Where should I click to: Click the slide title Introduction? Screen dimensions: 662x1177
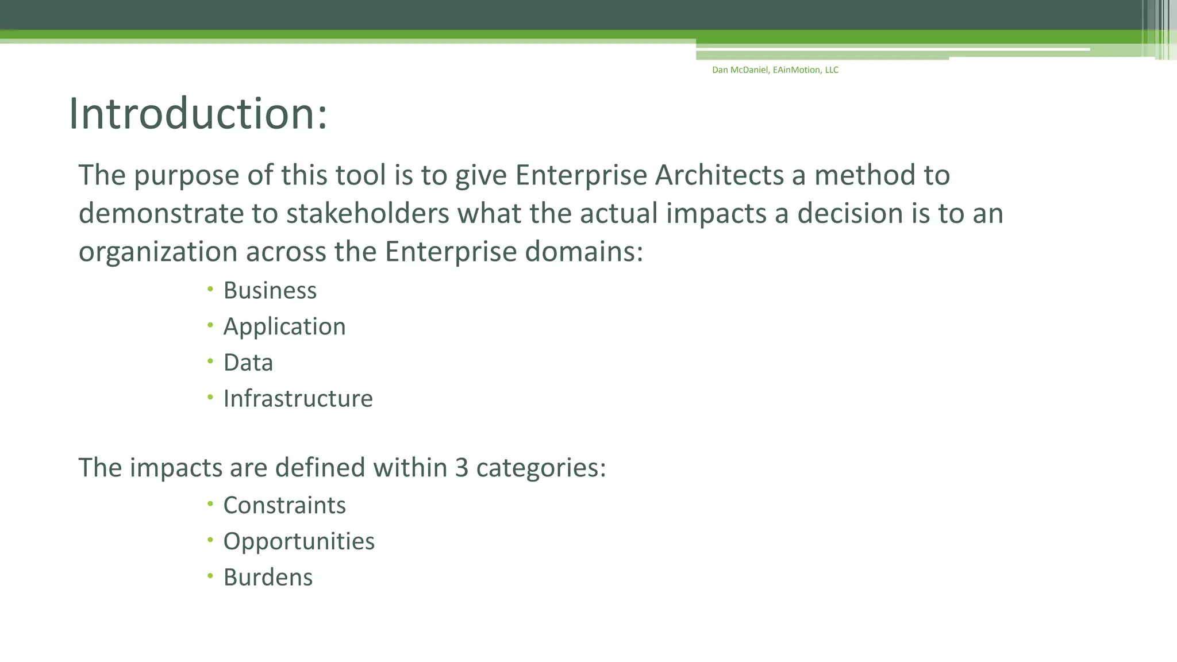click(x=198, y=114)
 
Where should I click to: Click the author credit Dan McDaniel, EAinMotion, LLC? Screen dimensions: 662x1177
click(x=775, y=70)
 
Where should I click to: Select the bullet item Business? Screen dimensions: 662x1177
click(x=270, y=291)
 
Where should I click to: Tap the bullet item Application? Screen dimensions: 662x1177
click(x=284, y=327)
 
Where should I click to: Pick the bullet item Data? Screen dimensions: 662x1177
click(x=248, y=363)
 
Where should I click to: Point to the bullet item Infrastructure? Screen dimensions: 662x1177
click(x=298, y=399)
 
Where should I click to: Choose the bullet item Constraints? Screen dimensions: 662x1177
click(x=284, y=506)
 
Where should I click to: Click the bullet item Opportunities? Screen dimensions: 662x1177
click(x=298, y=542)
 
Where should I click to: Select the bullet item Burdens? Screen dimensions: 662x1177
click(x=268, y=578)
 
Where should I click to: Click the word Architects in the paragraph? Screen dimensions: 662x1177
click(x=719, y=175)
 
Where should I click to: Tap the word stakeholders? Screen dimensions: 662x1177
click(x=367, y=214)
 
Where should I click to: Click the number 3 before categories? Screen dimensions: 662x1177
click(x=461, y=468)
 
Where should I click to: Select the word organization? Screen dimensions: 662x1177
click(x=157, y=252)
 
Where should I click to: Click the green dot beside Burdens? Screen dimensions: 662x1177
click(x=210, y=575)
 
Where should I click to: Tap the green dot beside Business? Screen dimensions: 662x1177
click(x=210, y=288)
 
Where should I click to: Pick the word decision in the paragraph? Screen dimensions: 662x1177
click(x=850, y=214)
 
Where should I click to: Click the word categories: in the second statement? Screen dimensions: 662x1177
click(x=541, y=468)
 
